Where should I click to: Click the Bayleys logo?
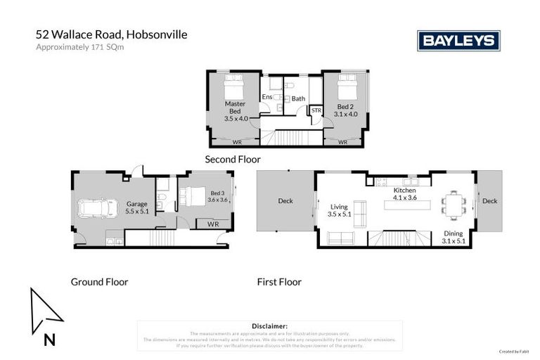click(x=458, y=41)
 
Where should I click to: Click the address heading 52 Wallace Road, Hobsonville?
click(x=112, y=34)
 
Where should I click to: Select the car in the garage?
click(x=98, y=209)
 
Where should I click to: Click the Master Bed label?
click(x=235, y=111)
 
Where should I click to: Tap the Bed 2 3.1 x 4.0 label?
click(x=346, y=110)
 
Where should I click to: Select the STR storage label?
click(x=316, y=110)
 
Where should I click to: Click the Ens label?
click(x=267, y=98)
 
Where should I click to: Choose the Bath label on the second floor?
click(x=299, y=98)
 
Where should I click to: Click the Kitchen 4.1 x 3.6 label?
click(x=404, y=194)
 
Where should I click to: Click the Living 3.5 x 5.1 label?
click(x=339, y=210)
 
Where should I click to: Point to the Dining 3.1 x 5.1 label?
click(x=453, y=237)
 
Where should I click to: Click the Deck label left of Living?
click(x=285, y=201)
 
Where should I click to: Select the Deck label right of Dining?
click(x=489, y=201)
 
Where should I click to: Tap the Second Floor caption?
click(x=232, y=160)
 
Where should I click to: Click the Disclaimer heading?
click(x=269, y=326)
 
